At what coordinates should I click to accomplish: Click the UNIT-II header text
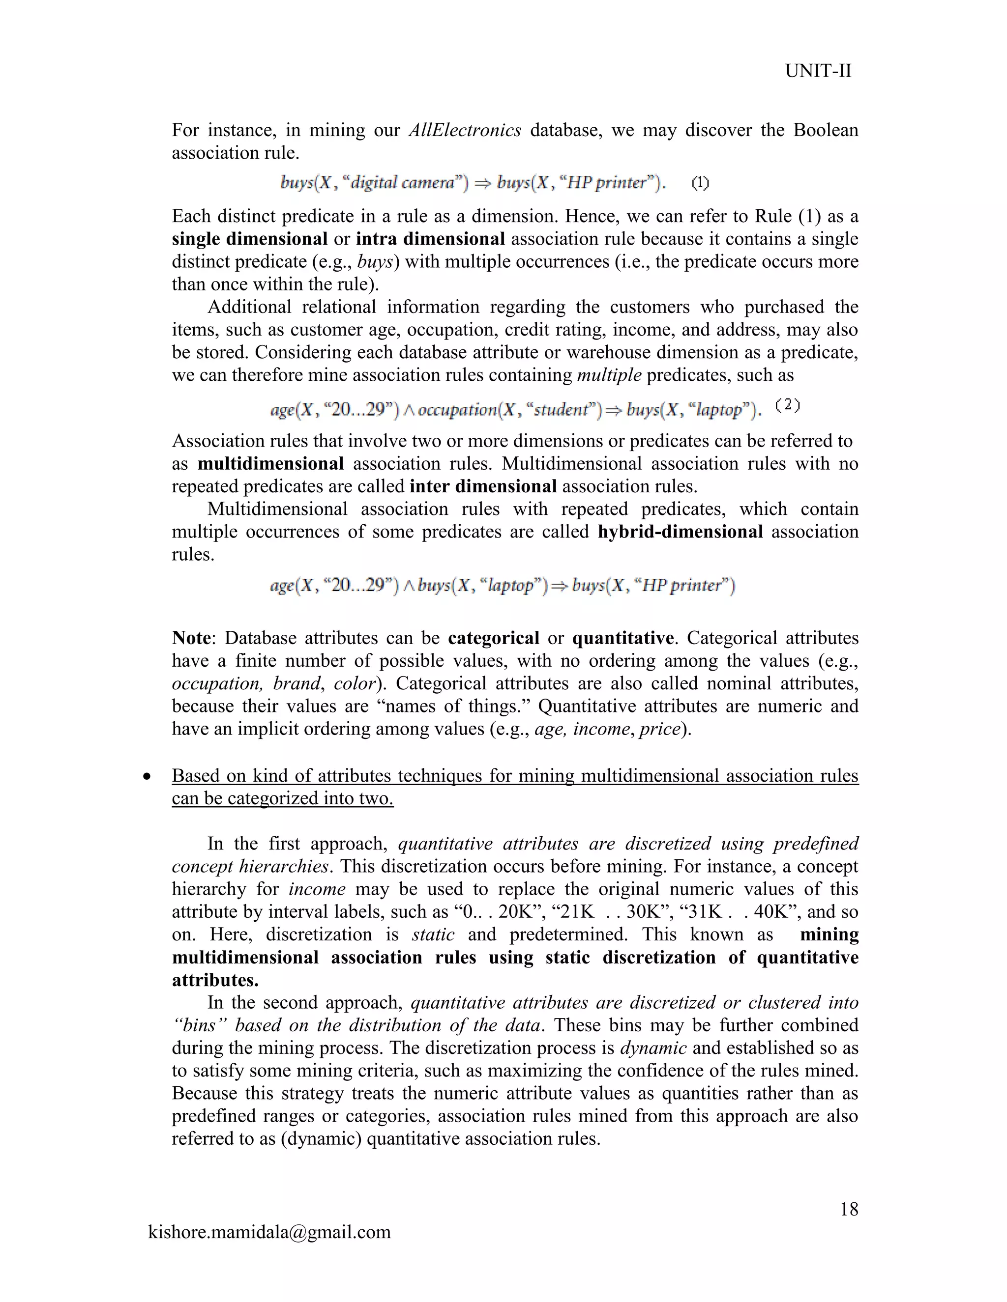coord(818,71)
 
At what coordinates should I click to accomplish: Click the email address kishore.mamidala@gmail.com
coord(269,1232)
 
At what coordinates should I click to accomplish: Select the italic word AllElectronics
coord(465,130)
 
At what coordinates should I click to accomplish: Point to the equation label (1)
coord(700,183)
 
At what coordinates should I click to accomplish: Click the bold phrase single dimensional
coord(249,239)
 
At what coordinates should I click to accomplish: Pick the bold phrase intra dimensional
coord(430,239)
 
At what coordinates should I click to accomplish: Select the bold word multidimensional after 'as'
coord(271,463)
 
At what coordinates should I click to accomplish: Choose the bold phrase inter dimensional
coord(483,486)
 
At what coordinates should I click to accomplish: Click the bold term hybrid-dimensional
coord(680,531)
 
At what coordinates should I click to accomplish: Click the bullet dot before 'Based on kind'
coord(147,777)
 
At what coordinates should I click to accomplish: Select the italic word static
coord(433,934)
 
